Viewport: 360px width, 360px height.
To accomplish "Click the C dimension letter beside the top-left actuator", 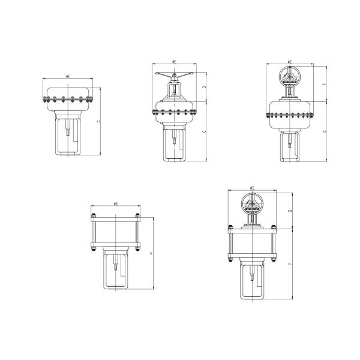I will (98, 121).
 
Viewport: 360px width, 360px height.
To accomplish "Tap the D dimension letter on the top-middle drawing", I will (204, 88).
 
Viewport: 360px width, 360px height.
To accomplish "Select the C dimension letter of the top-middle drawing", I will (204, 131).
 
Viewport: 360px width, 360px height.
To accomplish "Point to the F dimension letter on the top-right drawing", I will (325, 85).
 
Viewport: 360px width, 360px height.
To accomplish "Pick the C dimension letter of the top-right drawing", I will (325, 130).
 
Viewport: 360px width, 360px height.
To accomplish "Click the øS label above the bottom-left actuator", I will (115, 205).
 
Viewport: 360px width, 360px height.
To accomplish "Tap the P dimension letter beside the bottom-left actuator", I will (151, 254).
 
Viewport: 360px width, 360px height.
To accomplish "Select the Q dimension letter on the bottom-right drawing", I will (290, 211).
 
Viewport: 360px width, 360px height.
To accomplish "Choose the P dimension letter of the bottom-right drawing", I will (290, 263).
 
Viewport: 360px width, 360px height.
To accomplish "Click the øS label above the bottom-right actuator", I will (252, 187).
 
